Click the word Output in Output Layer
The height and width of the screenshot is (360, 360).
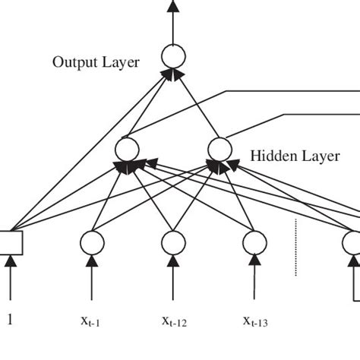pos(72,62)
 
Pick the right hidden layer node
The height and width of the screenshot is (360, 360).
pos(219,148)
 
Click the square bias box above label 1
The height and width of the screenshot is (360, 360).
pos(11,242)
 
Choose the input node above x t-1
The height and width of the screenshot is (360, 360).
pos(93,242)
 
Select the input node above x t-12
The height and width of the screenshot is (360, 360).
pos(174,242)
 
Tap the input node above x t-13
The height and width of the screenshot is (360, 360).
pos(256,242)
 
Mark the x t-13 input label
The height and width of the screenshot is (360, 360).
pos(257,321)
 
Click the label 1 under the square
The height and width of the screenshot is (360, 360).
pos(11,321)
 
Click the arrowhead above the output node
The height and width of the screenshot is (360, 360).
pos(173,6)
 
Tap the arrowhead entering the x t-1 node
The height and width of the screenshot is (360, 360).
pos(93,261)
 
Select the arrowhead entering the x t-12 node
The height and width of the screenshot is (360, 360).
pos(174,261)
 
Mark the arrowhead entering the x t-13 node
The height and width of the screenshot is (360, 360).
pos(256,261)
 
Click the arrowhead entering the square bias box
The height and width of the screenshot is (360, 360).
pos(11,261)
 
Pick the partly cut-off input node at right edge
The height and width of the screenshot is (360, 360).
pos(353,242)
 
